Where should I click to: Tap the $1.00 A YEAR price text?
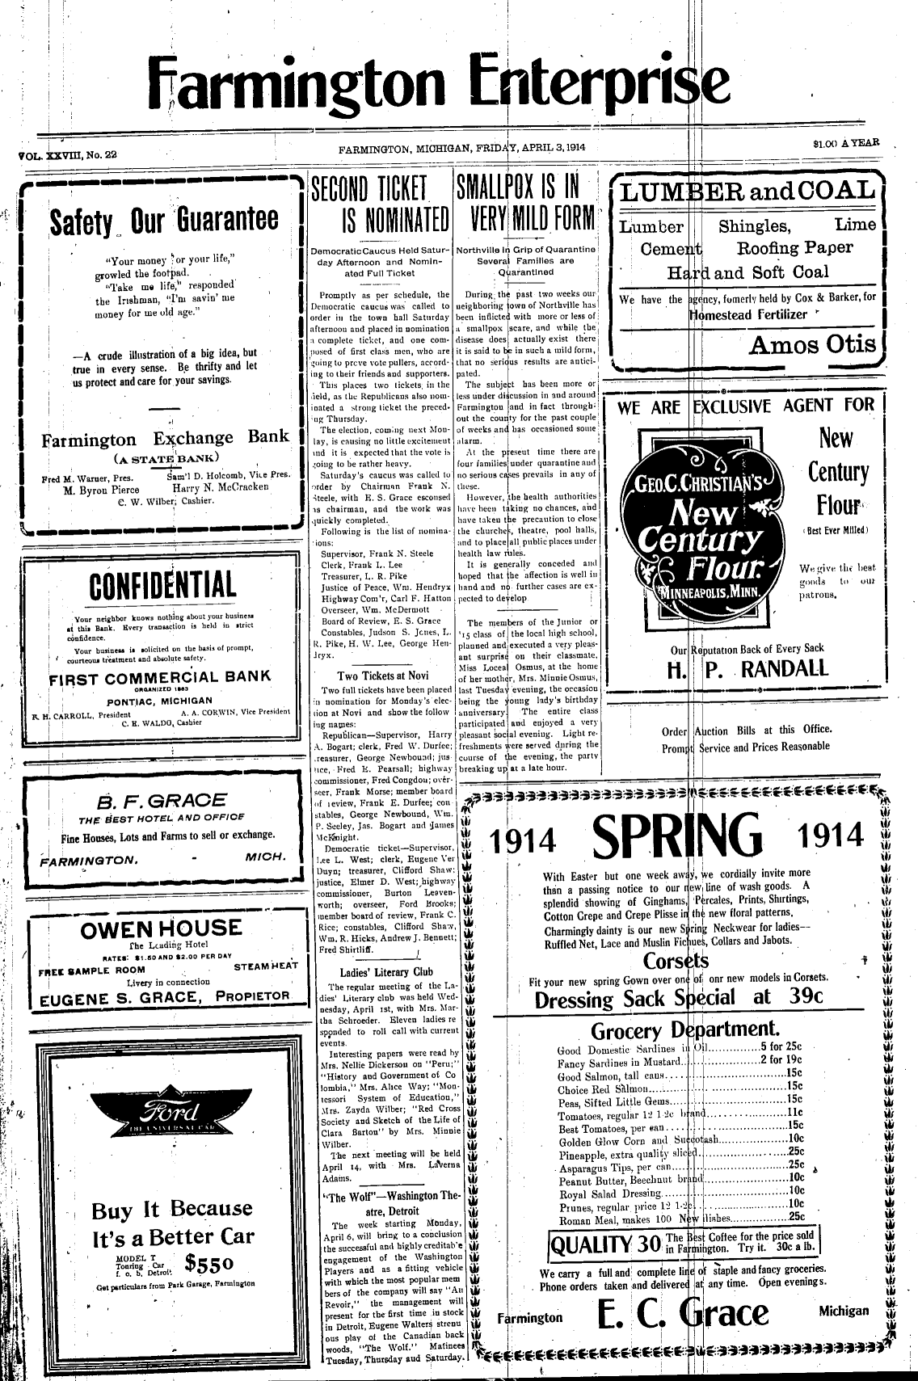(x=846, y=144)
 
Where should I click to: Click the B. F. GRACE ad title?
(x=162, y=802)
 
